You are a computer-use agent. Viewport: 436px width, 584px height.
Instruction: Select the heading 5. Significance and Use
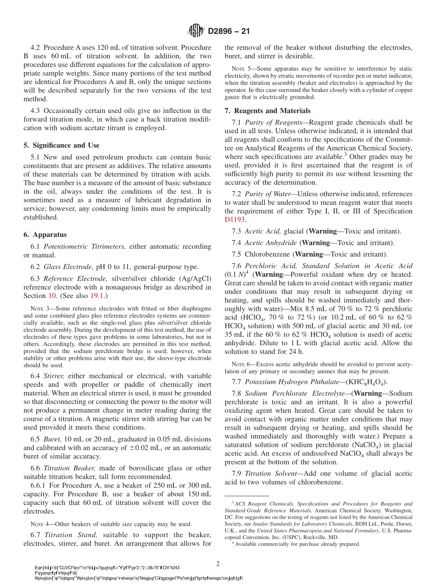[61, 145]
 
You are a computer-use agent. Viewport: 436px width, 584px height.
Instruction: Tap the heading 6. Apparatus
[45, 234]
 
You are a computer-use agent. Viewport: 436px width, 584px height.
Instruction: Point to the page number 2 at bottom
[218, 563]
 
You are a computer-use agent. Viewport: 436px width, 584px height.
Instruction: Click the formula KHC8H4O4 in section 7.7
[369, 382]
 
